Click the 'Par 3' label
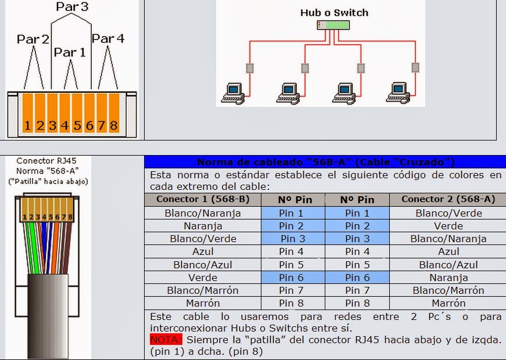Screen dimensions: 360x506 point(72,7)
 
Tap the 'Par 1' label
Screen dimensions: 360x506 point(70,52)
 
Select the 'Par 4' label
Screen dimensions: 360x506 point(108,39)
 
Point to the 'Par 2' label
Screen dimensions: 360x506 point(33,39)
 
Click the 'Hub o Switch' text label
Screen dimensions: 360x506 point(334,12)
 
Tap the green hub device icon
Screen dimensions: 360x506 point(334,25)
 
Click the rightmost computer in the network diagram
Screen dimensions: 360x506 point(399,92)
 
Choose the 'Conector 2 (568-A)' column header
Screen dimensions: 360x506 point(448,199)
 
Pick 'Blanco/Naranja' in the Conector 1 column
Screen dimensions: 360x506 point(202,213)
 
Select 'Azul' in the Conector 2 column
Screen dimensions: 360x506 point(448,251)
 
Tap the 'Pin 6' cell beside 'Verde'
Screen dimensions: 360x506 point(291,278)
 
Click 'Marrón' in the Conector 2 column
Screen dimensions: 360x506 point(448,303)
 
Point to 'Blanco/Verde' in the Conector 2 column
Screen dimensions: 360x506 point(448,213)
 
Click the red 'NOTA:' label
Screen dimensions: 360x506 point(166,339)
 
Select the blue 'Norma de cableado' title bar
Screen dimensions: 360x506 point(325,162)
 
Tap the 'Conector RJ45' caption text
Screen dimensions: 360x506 point(46,161)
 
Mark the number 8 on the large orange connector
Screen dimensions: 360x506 point(113,125)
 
